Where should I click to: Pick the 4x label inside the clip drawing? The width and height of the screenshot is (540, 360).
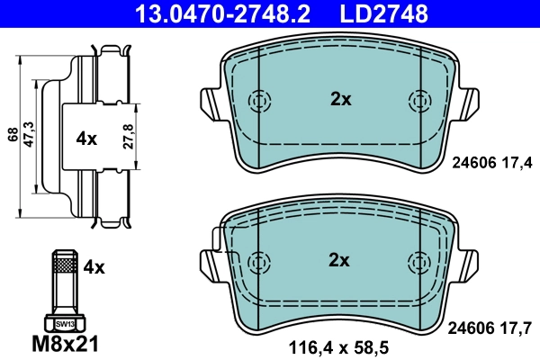[86, 139]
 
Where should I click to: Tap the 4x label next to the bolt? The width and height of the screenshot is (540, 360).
[94, 267]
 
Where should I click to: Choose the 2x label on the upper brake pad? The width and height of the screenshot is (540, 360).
[340, 100]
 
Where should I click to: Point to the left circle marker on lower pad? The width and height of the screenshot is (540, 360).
[260, 261]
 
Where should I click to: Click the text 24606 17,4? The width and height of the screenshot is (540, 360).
[490, 162]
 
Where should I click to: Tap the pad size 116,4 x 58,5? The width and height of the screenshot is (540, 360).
[338, 345]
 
